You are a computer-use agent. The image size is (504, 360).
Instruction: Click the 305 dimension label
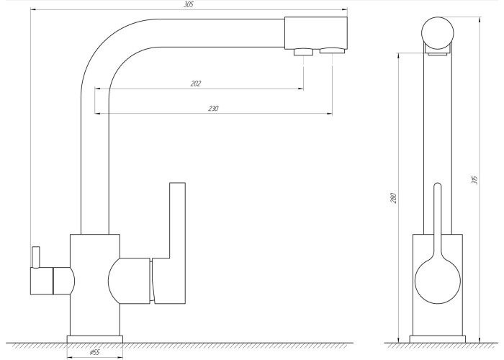(x=189, y=5)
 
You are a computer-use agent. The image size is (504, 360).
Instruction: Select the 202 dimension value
(x=196, y=84)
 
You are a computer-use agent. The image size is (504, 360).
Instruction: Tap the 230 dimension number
(x=213, y=109)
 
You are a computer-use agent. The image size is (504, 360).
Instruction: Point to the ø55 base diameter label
(x=94, y=352)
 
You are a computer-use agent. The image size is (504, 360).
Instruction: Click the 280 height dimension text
(x=393, y=198)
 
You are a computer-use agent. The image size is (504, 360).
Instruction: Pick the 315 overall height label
(x=474, y=180)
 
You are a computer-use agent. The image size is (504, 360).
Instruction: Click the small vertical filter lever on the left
(x=35, y=257)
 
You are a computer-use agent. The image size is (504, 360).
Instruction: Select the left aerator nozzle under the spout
(x=303, y=52)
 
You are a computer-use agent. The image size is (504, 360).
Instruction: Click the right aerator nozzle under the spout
(x=333, y=50)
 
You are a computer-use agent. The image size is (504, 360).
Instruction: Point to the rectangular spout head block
(x=315, y=33)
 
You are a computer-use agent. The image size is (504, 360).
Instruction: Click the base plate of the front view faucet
(x=95, y=339)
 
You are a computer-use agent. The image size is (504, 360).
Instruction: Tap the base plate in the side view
(x=438, y=339)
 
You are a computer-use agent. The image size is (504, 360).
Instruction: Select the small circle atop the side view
(x=438, y=33)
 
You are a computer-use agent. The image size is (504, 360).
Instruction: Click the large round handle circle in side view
(x=438, y=280)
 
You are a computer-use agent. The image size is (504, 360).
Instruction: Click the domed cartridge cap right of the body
(x=129, y=281)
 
